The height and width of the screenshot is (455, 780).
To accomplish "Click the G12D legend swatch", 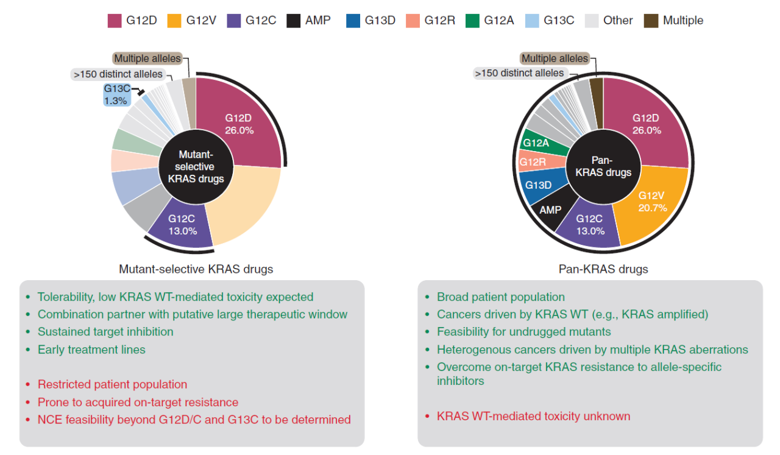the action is coord(115,21).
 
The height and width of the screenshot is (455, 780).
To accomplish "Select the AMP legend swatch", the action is coord(294,21).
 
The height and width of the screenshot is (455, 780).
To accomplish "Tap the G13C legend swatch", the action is coord(532,21).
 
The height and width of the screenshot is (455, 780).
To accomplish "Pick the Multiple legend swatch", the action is coord(651,21).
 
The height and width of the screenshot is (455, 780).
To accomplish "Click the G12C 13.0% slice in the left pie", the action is coord(182,225).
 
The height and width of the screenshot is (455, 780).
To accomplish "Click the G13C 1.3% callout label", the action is coord(117,94).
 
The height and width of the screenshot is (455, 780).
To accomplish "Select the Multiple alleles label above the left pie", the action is coord(147,58).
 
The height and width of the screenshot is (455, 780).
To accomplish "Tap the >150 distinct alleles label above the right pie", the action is coord(519,73).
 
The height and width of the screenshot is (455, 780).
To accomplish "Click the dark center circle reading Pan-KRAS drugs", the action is coord(603,167).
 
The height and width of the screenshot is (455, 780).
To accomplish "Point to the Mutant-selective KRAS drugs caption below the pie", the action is coord(196,269).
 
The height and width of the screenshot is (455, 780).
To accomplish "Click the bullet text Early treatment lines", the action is coord(91,350).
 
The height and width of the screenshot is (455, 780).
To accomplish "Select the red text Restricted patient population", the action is coord(113,384).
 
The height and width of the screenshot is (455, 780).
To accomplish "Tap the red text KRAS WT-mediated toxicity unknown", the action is coord(533,417).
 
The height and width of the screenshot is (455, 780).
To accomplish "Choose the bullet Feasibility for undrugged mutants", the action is coord(523,332).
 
